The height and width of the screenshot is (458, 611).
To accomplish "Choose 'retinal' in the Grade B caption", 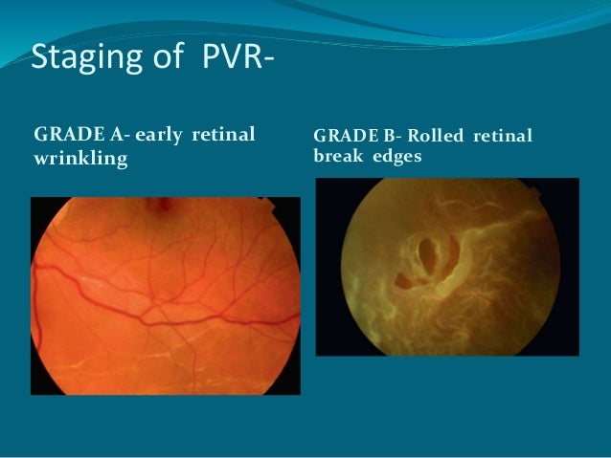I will (501, 138).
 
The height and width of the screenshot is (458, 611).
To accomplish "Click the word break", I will (334, 158).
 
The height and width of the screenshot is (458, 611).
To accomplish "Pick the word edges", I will (393, 158).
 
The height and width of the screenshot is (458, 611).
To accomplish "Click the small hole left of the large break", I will (404, 282).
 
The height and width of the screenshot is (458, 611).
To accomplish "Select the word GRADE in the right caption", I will (341, 138).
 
